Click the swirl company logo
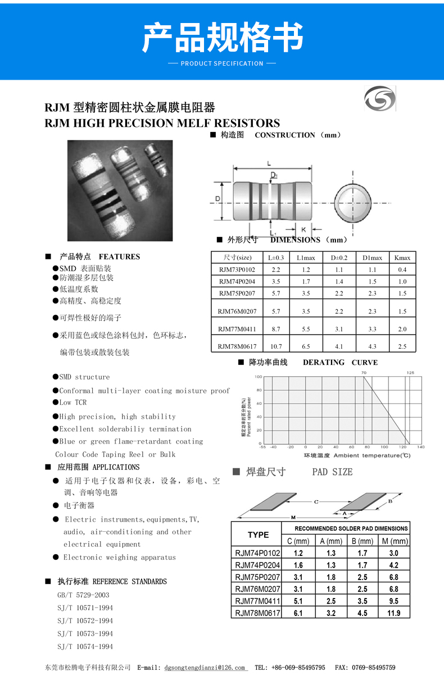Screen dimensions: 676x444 [x=379, y=99]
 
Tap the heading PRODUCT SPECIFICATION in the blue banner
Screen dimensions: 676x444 [x=222, y=63]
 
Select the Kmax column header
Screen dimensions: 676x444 [x=402, y=258]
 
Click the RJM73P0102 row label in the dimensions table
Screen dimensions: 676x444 [x=237, y=270]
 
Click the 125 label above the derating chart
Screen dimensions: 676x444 [x=410, y=372]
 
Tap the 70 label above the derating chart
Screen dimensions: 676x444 [x=364, y=372]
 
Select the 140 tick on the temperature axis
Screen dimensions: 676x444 [x=421, y=447]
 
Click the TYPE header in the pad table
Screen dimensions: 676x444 [x=258, y=535]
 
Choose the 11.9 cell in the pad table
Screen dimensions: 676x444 [x=394, y=613]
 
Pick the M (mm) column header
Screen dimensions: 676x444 [x=394, y=541]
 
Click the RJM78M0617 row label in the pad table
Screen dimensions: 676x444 [x=257, y=613]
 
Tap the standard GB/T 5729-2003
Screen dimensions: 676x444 [x=83, y=595]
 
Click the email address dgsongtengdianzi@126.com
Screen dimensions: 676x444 [x=206, y=668]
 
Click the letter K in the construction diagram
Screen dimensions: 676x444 [x=303, y=229]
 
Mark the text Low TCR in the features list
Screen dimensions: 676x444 [x=73, y=403]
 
